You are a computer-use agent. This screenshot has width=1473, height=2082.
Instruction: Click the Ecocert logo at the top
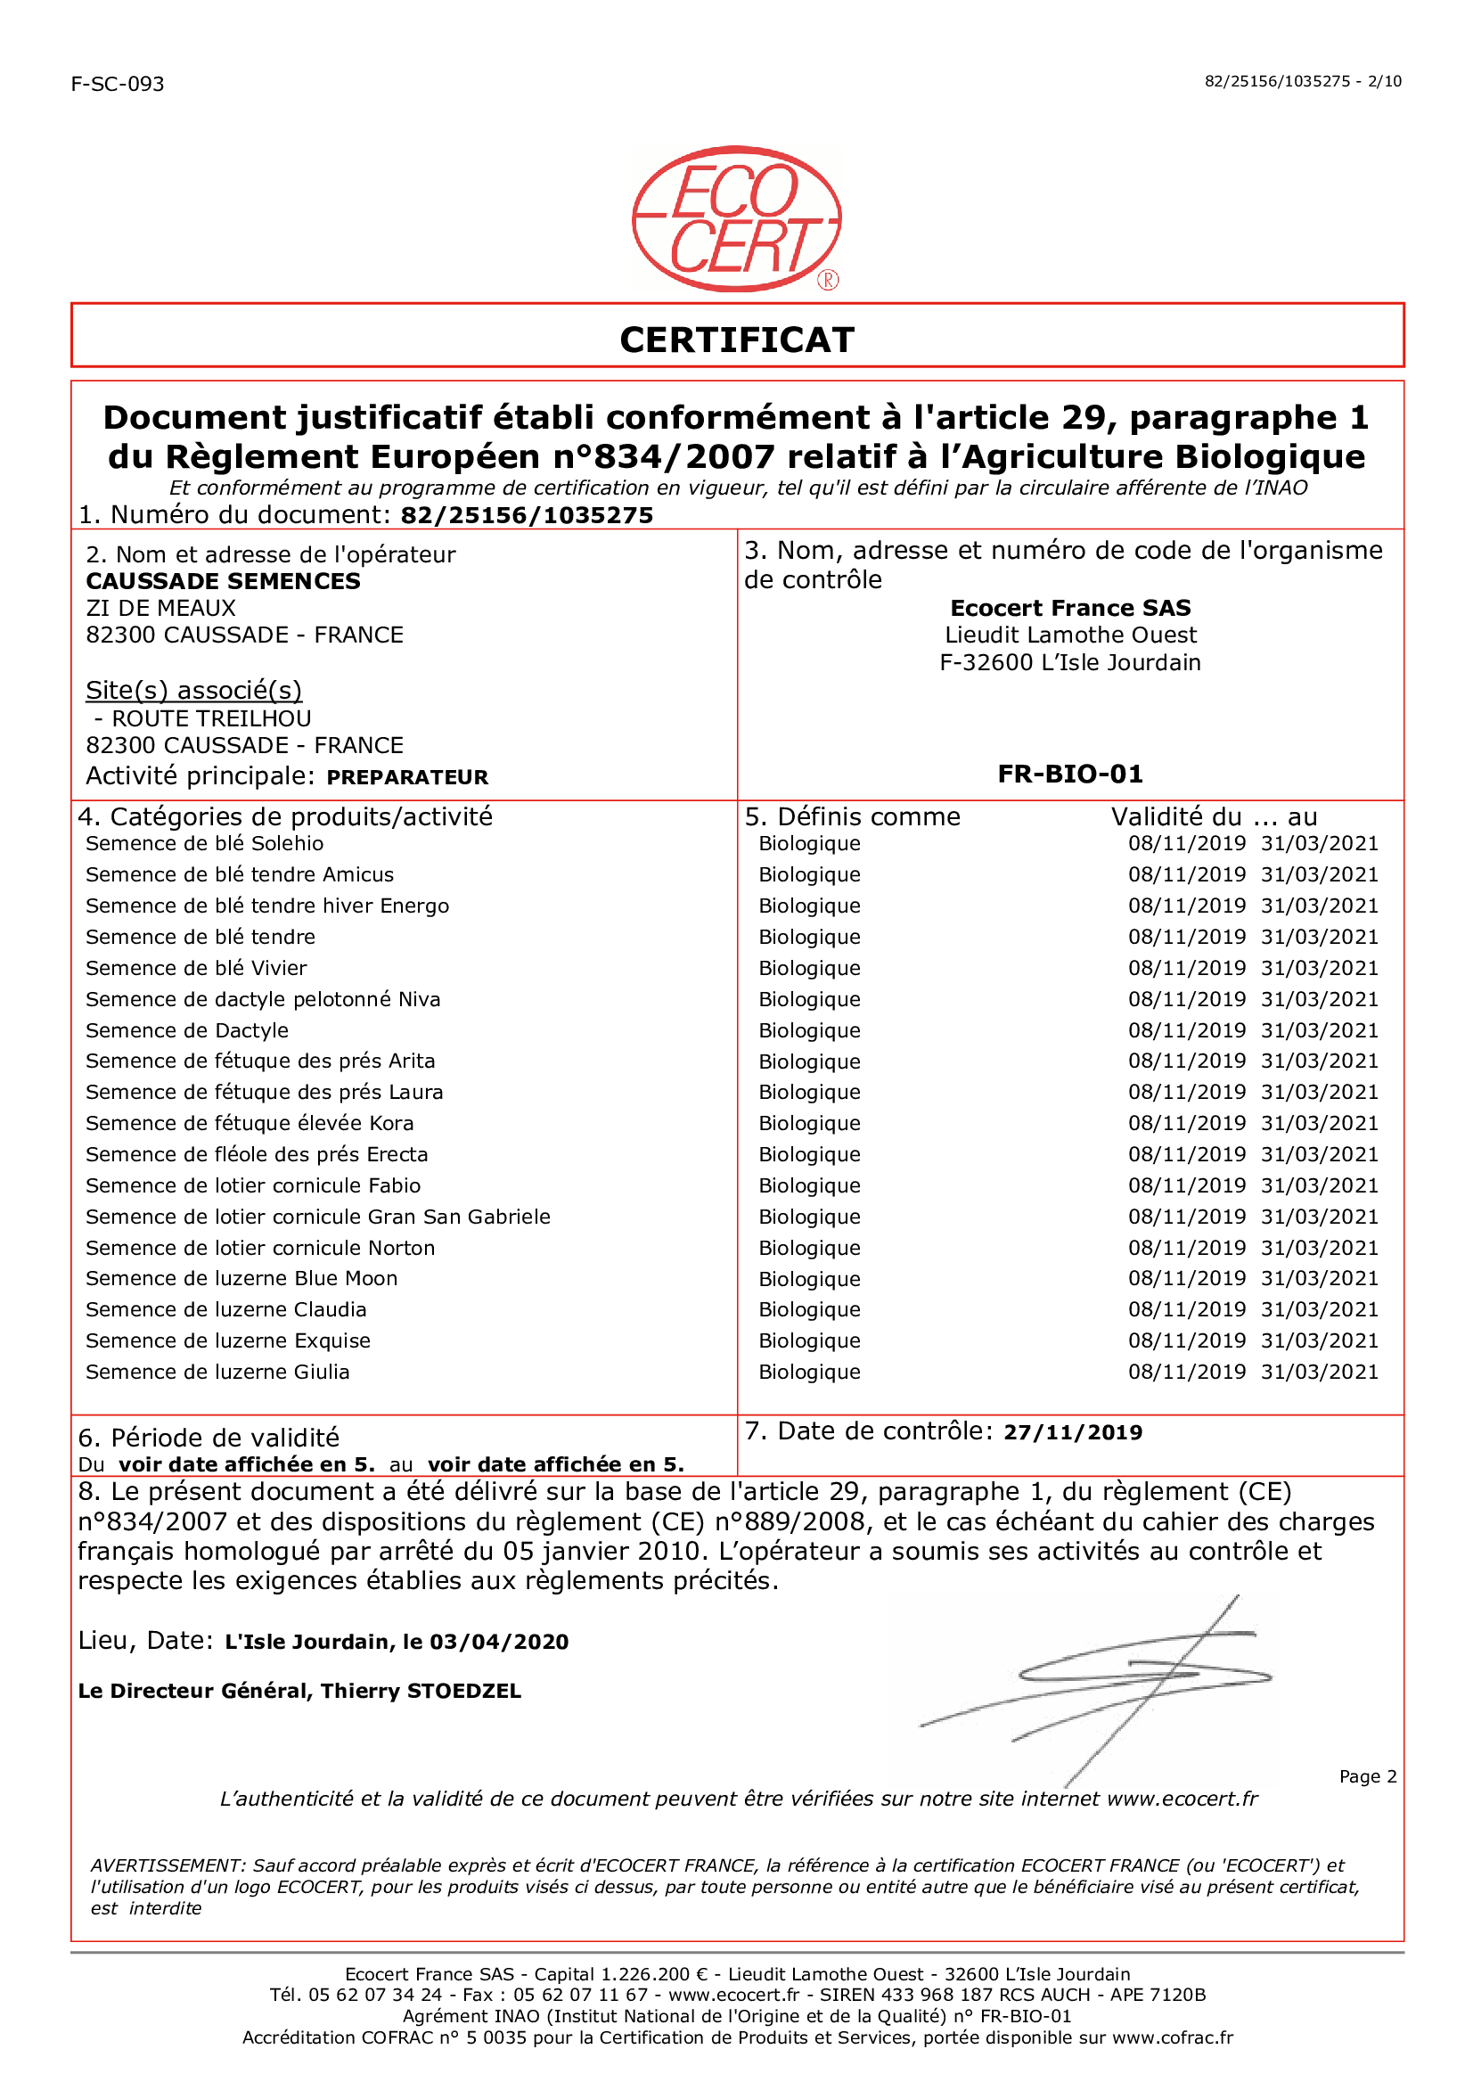[x=736, y=218]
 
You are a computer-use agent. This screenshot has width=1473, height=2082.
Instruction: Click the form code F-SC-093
[x=117, y=85]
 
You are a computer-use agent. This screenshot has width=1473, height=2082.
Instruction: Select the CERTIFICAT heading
[x=736, y=340]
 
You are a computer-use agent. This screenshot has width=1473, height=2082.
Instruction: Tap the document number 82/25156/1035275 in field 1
[x=527, y=515]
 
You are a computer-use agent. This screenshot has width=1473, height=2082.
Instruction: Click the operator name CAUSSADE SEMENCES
[x=223, y=580]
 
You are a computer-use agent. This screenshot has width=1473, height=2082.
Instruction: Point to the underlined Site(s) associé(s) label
[x=193, y=691]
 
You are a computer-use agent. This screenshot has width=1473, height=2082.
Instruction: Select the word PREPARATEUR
[x=407, y=777]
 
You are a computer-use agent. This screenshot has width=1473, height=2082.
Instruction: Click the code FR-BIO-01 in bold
[x=1070, y=774]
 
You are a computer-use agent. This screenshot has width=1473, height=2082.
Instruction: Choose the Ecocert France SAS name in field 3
[x=1070, y=608]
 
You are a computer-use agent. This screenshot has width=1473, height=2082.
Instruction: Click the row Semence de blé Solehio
[x=204, y=844]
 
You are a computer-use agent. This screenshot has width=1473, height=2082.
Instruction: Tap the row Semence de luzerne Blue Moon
[x=241, y=1279]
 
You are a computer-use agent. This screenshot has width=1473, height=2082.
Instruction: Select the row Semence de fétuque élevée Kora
[x=250, y=1124]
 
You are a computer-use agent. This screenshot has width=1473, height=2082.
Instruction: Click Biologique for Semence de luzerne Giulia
[x=809, y=1373]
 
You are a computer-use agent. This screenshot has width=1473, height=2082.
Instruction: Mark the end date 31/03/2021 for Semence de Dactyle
[x=1319, y=1030]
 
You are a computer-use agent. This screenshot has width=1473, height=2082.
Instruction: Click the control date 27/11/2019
[x=1072, y=1432]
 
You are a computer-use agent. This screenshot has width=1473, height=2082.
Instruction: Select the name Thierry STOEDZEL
[x=421, y=1691]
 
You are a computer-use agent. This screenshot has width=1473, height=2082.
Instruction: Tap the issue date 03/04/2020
[x=499, y=1642]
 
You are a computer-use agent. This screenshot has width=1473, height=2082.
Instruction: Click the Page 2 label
[x=1367, y=1776]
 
